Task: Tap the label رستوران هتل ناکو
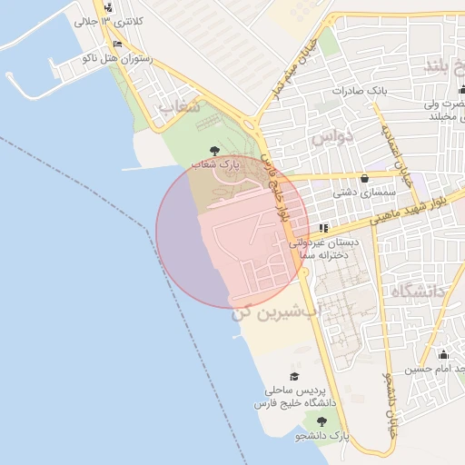pos(116,58)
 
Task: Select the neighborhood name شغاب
pos(179,107)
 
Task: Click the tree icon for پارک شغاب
pos(214,150)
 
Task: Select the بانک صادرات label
pos(360,92)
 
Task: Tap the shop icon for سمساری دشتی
pos(365,178)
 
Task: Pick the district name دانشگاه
pos(419,292)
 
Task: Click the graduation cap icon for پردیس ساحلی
pos(293,376)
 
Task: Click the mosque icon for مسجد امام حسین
pos(443,354)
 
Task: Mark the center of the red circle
pos(232,232)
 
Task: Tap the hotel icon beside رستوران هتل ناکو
pos(118,44)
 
